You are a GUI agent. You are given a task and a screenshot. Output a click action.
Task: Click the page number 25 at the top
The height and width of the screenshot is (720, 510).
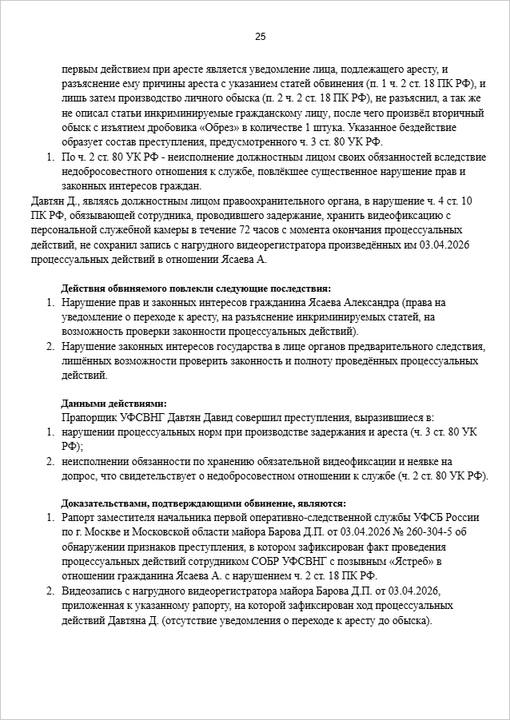click(x=260, y=36)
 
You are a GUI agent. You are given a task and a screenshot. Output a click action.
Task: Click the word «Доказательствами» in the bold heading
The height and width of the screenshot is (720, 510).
click(x=102, y=503)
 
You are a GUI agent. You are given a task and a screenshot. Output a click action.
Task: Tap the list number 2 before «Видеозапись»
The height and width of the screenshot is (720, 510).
click(x=49, y=592)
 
